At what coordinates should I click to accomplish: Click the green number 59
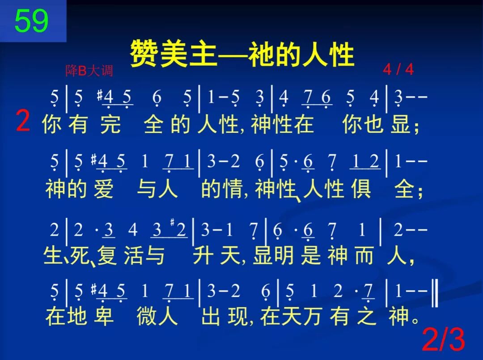pyautogui.click(x=31, y=21)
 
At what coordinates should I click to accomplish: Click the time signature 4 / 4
pyautogui.click(x=398, y=69)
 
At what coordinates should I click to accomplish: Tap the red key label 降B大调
pyautogui.click(x=89, y=71)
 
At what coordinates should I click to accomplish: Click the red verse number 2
pyautogui.click(x=23, y=122)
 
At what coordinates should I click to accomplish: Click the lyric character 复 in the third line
pyautogui.click(x=107, y=255)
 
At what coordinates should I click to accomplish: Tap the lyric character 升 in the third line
pyautogui.click(x=203, y=255)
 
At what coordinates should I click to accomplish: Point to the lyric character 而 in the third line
pyautogui.click(x=364, y=255)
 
